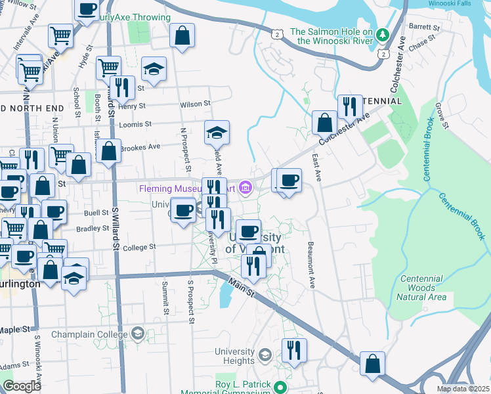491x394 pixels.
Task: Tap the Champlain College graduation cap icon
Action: [x=137, y=334]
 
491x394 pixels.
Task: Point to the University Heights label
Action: [x=234, y=356]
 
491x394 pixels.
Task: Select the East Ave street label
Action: [x=317, y=168]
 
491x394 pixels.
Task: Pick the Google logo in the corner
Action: [x=22, y=386]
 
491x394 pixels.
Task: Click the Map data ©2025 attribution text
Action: [x=463, y=389]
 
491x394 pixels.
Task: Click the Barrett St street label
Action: [x=424, y=28]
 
